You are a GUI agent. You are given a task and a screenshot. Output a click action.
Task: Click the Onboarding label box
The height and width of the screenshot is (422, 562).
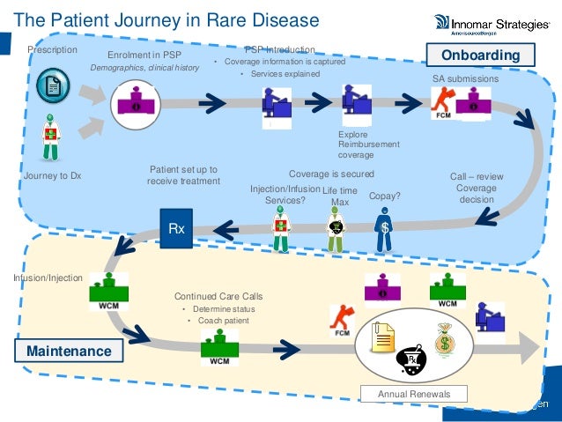click(x=481, y=56)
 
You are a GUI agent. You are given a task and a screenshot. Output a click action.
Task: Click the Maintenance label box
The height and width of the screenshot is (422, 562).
click(x=68, y=352)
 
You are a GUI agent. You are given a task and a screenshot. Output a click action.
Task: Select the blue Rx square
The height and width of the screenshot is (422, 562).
click(x=176, y=228)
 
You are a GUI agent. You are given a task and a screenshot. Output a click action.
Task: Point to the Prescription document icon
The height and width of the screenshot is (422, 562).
click(x=54, y=86)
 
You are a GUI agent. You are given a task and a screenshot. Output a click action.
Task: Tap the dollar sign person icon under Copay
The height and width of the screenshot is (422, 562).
click(x=384, y=231)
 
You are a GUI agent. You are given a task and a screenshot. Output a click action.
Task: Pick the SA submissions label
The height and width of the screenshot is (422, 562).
click(x=465, y=79)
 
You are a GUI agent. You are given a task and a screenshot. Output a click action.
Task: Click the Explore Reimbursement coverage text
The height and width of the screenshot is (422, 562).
click(x=368, y=144)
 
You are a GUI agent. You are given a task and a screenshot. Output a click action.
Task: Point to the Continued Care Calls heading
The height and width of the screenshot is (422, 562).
click(x=218, y=296)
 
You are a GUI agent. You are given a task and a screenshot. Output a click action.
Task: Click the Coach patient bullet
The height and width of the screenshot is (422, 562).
click(x=218, y=321)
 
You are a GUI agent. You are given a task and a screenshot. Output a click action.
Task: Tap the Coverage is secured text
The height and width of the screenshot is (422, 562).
click(x=331, y=174)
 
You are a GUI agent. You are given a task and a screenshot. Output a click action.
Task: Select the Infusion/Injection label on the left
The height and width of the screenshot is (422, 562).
click(x=47, y=278)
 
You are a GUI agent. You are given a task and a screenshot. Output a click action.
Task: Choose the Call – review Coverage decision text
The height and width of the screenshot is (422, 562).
click(x=477, y=188)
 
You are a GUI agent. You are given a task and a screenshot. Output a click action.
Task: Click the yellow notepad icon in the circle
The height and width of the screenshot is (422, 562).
click(x=384, y=337)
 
